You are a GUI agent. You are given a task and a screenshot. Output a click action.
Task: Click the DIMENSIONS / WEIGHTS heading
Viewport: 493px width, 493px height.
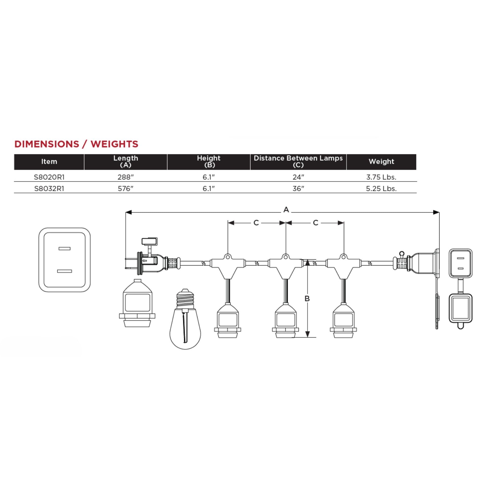click(76, 144)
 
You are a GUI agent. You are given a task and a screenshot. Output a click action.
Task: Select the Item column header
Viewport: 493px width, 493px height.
click(49, 162)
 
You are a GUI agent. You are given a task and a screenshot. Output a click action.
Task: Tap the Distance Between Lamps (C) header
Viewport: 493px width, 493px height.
click(298, 162)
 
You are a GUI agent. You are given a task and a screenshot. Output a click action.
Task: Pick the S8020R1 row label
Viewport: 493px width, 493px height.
click(49, 177)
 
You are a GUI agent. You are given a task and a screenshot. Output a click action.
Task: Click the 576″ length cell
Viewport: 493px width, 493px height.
click(126, 188)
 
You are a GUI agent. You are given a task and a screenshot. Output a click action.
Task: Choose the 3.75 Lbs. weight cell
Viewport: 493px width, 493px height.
click(381, 177)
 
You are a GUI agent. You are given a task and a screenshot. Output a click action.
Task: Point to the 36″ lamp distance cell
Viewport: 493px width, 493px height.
click(298, 188)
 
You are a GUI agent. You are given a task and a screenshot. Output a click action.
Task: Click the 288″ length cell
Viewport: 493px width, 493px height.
click(126, 177)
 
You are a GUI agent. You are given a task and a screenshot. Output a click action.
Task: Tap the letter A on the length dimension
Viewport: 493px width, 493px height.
click(286, 210)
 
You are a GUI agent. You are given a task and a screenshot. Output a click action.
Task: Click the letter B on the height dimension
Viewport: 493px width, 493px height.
click(307, 298)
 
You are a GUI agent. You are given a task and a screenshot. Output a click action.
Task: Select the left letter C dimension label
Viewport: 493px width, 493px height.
click(256, 223)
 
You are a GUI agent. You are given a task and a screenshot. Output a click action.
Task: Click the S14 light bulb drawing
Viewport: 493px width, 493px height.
click(185, 319)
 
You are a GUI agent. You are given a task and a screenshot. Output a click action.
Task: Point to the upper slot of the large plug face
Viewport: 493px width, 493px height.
click(64, 249)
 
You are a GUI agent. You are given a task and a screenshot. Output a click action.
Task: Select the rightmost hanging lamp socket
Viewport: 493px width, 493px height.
click(343, 320)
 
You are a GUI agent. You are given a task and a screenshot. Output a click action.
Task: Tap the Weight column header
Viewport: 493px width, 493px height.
click(381, 162)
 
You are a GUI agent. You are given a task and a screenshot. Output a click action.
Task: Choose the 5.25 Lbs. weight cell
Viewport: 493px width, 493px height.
click(381, 188)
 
